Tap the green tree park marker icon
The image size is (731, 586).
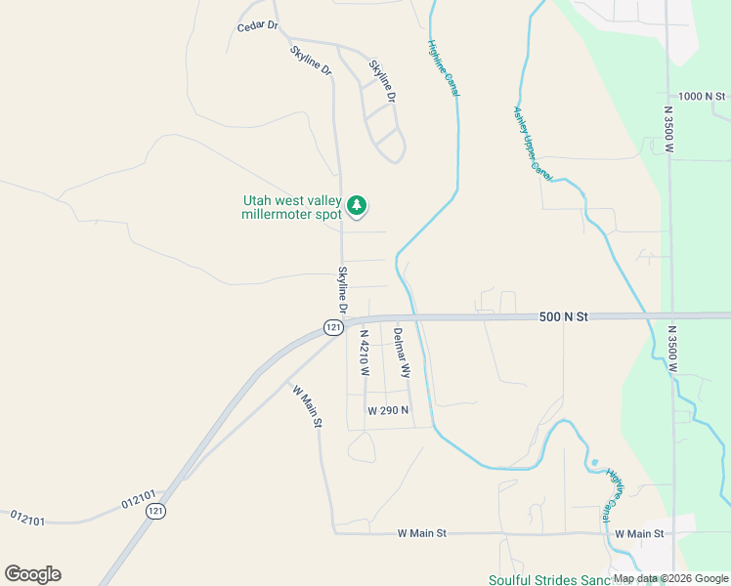click(357, 204)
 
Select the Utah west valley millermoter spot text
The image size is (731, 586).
click(292, 208)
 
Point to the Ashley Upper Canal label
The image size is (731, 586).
click(528, 142)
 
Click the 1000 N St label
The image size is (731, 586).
click(703, 97)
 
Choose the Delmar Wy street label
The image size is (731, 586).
click(401, 353)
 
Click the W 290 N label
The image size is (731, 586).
click(387, 411)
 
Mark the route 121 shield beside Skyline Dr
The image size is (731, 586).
click(334, 327)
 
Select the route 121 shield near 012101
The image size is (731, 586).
click(154, 510)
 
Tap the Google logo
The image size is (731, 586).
click(32, 574)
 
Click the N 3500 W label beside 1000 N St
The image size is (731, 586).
click(668, 132)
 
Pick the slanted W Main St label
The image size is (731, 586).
click(306, 403)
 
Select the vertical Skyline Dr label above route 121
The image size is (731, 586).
click(343, 290)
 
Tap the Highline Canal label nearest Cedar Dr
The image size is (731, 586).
click(444, 67)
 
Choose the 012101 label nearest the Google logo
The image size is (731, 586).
click(28, 517)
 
